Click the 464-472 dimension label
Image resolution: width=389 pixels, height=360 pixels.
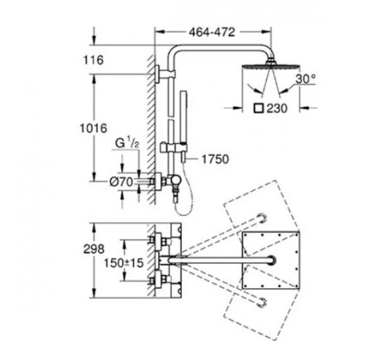(x=212, y=32)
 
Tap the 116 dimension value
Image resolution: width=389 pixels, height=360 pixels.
(x=93, y=60)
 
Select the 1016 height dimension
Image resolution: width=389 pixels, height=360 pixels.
(x=93, y=128)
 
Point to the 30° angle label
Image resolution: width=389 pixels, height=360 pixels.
(x=305, y=79)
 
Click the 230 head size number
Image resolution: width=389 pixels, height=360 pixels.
(x=277, y=108)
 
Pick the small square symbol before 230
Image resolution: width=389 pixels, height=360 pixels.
(x=259, y=108)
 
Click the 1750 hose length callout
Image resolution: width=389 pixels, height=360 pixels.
(x=215, y=159)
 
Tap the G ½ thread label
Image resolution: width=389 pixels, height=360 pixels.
(x=127, y=143)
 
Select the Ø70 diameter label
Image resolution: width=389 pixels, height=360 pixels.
(x=121, y=182)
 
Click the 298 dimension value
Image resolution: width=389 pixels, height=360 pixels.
(x=94, y=249)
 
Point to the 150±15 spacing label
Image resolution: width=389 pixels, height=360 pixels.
(x=124, y=263)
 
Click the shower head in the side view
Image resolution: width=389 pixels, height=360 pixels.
(x=271, y=65)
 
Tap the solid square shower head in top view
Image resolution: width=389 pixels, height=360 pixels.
(x=271, y=260)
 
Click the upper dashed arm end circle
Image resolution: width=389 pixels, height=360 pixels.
(x=262, y=218)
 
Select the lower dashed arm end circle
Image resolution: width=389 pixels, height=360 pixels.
(x=262, y=302)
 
